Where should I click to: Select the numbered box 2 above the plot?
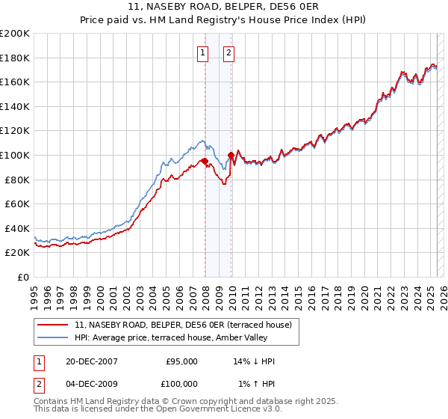click(x=228, y=52)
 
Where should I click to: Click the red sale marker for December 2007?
click(x=205, y=161)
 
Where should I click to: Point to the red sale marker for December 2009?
click(x=231, y=155)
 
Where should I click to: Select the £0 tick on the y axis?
click(x=23, y=277)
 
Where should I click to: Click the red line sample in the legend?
click(x=54, y=324)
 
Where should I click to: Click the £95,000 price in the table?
click(x=182, y=361)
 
